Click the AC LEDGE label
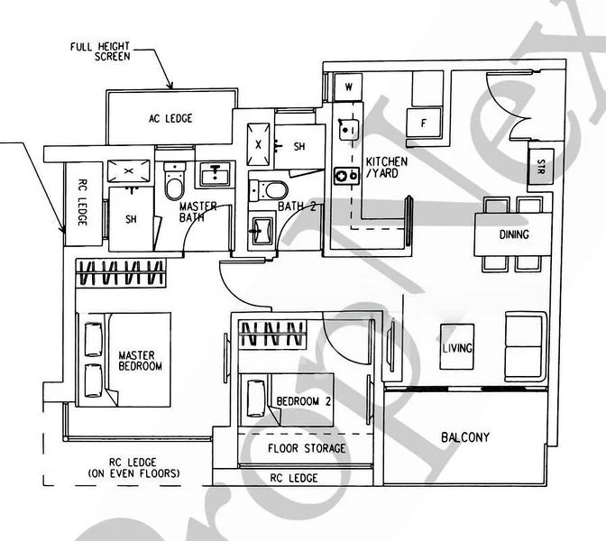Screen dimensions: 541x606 170,118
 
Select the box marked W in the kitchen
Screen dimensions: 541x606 347,87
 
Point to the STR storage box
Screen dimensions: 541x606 540,168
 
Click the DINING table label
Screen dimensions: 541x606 513,234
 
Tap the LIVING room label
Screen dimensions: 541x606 458,347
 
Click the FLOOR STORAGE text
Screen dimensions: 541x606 307,448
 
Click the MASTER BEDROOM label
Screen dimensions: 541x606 140,361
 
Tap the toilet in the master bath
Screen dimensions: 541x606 174,182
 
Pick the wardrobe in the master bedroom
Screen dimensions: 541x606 121,272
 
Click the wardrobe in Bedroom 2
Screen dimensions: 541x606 273,334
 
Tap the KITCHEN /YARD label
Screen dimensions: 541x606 386,168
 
